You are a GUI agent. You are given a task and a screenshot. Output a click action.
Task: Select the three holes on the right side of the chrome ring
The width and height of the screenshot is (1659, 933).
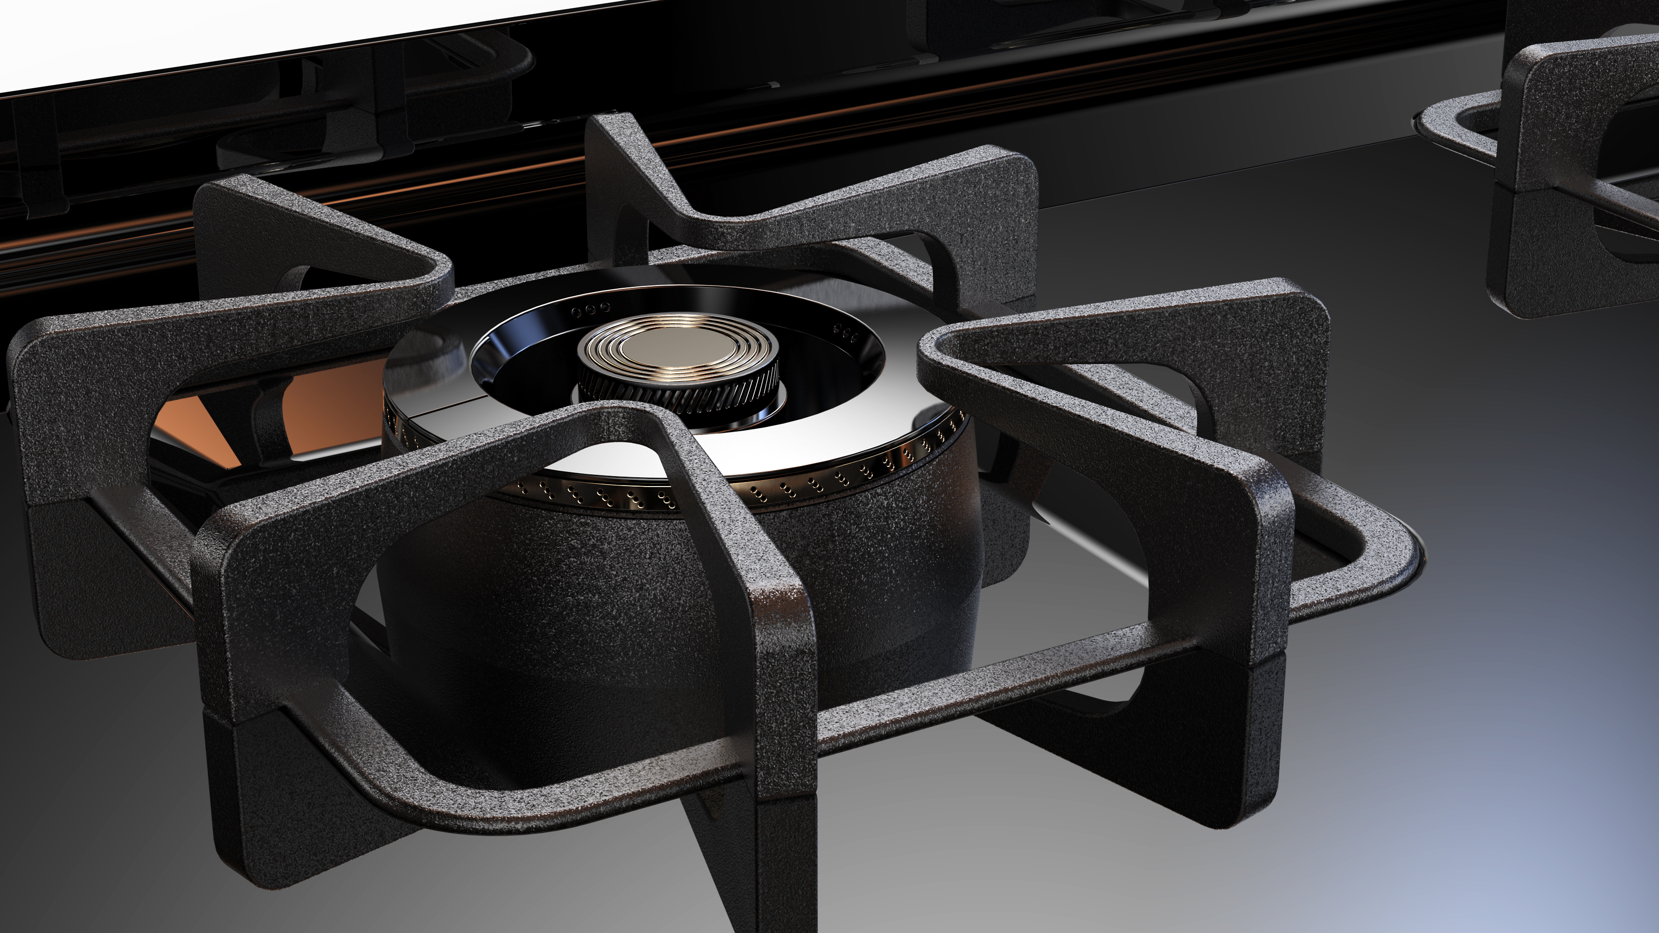846,332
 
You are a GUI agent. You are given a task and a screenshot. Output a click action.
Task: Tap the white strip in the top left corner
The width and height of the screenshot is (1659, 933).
193,32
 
